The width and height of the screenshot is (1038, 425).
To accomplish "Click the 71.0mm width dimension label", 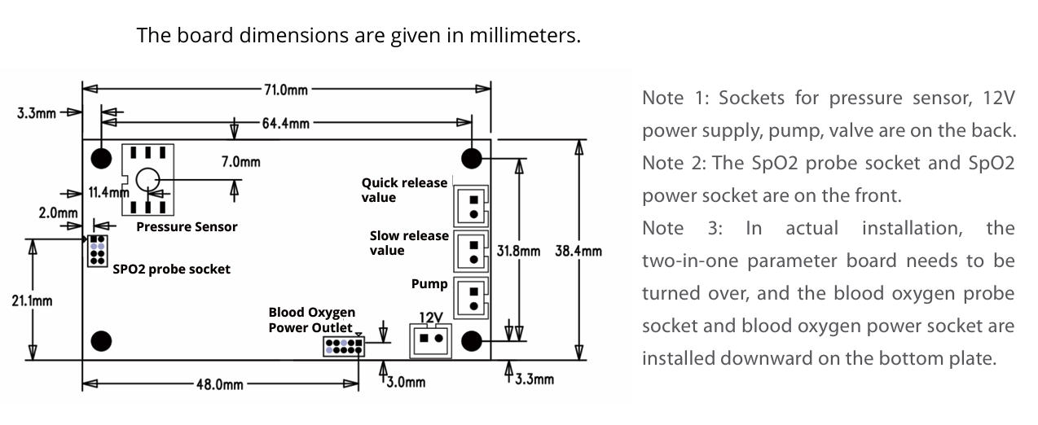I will click(x=286, y=89).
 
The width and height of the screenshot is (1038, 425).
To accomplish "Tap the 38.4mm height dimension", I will click(x=578, y=251).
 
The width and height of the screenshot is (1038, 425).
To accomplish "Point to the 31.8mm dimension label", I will click(x=518, y=251).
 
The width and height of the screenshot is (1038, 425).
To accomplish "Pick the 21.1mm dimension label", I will click(x=33, y=301).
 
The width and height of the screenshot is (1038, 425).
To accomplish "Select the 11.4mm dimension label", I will click(x=108, y=193).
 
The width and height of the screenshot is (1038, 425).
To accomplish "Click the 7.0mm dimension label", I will click(x=241, y=162).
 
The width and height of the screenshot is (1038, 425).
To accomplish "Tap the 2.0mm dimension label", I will click(x=58, y=213).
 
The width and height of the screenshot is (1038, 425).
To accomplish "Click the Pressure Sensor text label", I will click(x=187, y=227).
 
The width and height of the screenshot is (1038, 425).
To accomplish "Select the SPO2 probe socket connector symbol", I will click(x=98, y=252).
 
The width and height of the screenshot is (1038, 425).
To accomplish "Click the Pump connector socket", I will click(x=471, y=297).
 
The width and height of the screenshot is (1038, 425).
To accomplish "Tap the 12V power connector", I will click(x=430, y=338).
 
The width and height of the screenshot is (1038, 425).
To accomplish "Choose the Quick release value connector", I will click(x=471, y=204).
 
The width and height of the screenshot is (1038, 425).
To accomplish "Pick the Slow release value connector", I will click(x=471, y=251).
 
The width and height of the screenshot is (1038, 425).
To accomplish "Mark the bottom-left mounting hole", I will click(x=101, y=340).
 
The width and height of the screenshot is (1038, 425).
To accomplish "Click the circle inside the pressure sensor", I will click(x=147, y=179).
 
